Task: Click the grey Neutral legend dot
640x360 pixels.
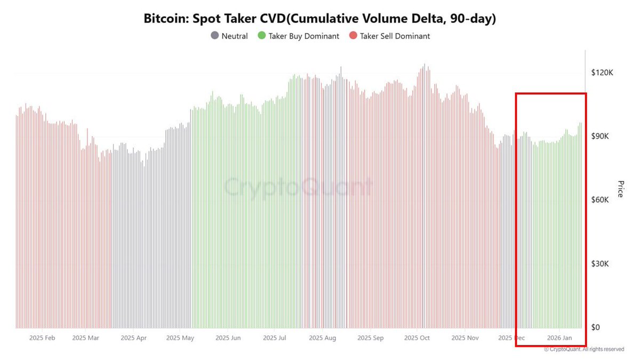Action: click(x=214, y=36)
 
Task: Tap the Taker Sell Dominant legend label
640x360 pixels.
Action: click(x=395, y=36)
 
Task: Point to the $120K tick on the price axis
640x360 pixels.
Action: click(x=602, y=73)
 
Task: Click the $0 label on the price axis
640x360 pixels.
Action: click(x=598, y=327)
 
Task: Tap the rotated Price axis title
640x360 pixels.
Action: click(x=620, y=189)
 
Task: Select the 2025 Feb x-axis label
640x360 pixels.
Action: click(x=42, y=338)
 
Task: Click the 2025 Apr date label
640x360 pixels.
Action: click(x=134, y=338)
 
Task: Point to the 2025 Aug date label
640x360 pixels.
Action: click(x=323, y=338)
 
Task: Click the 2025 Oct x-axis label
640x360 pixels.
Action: click(x=417, y=338)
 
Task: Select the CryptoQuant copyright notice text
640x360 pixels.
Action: click(x=584, y=349)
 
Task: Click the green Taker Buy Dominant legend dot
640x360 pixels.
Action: click(x=261, y=36)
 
